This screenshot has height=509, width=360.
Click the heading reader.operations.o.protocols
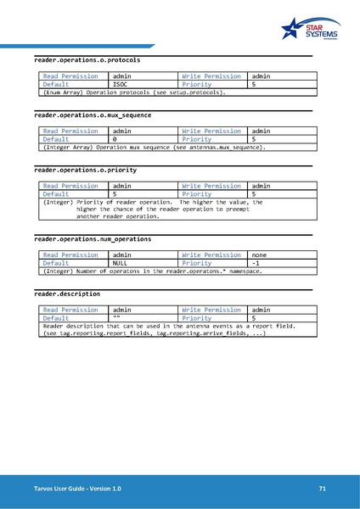tap(87, 61)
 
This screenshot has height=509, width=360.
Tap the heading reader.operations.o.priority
tap(84, 170)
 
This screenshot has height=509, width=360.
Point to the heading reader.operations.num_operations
tap(93, 239)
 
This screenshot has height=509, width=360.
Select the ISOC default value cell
tap(120, 85)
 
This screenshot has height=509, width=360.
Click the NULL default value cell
tap(120, 263)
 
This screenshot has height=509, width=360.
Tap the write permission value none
tap(261, 255)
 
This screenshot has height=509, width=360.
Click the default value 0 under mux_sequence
tap(115, 139)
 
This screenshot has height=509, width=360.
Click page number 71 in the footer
tap(323, 489)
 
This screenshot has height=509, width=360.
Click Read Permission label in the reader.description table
tap(70, 310)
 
